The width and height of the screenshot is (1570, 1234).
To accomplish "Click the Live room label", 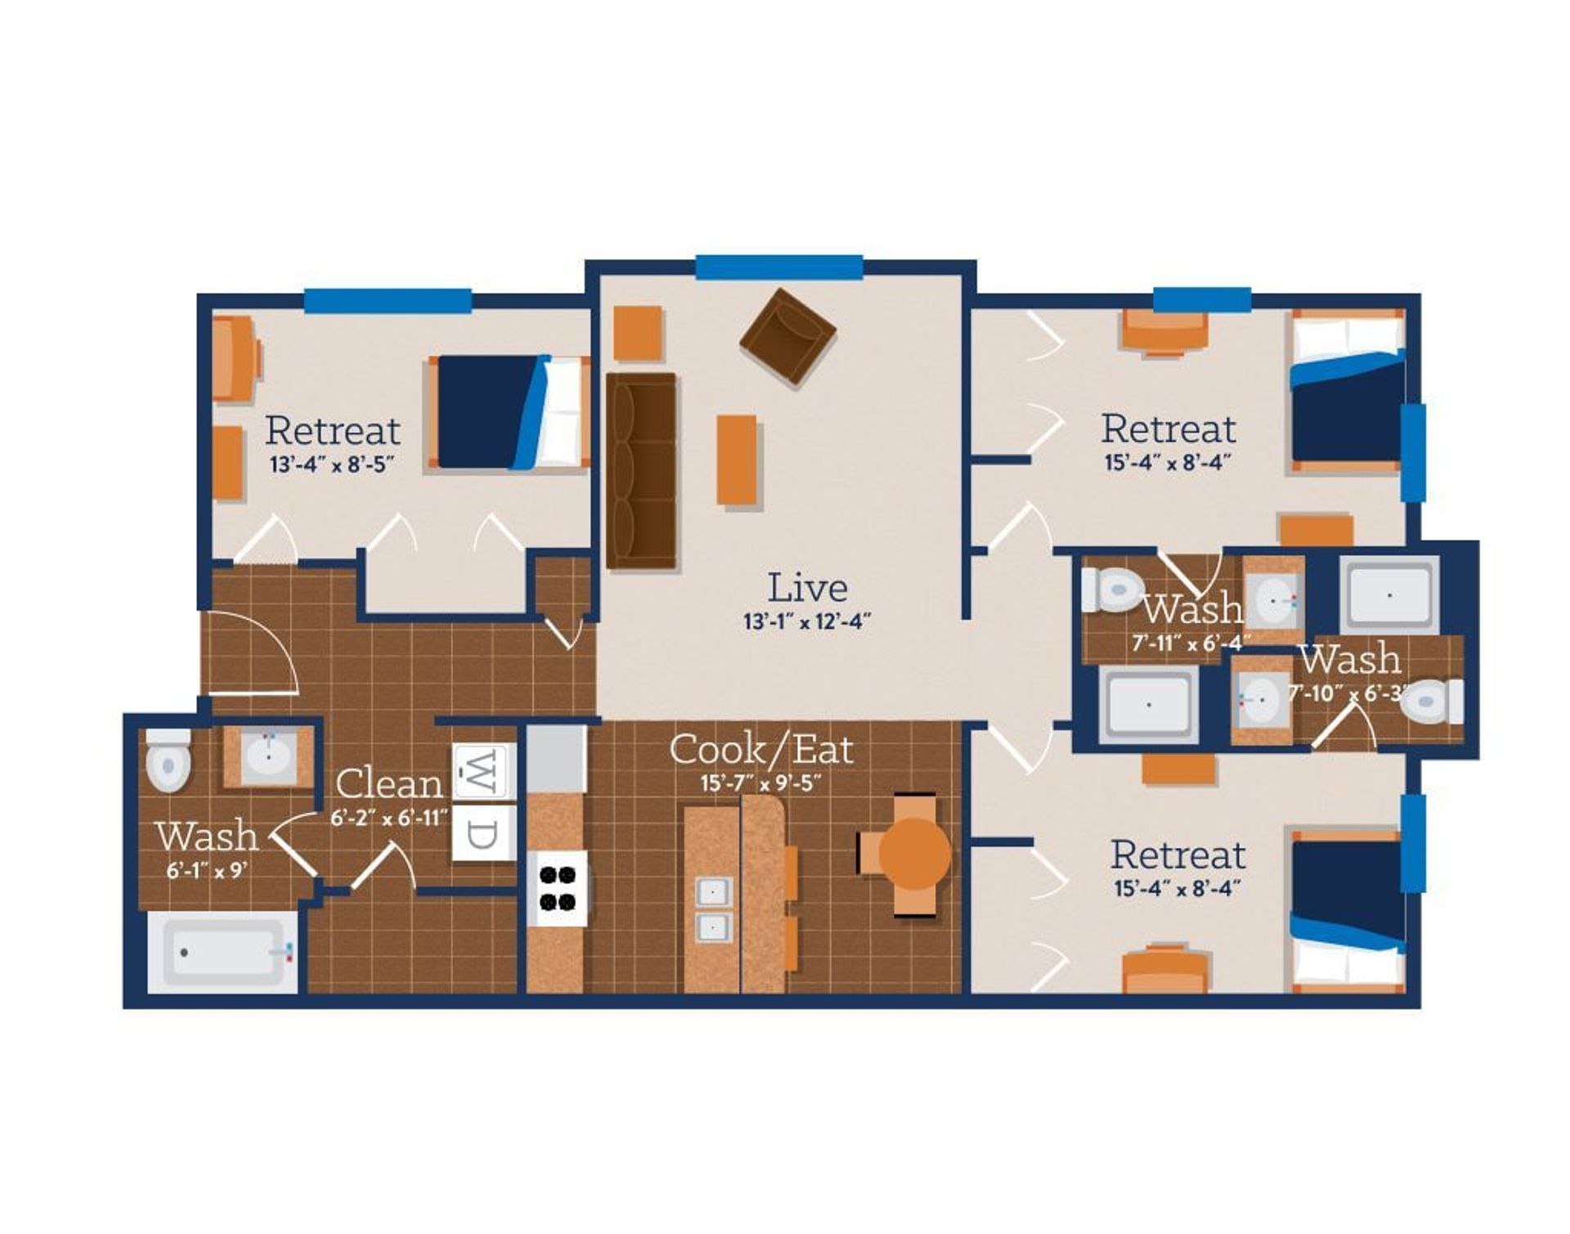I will point(806,588).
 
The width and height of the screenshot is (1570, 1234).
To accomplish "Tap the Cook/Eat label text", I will point(760,749).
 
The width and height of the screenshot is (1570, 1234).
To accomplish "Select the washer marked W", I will point(484,770).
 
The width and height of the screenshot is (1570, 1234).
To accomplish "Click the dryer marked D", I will point(484,833).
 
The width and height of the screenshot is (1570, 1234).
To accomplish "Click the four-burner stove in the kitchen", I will point(557,889).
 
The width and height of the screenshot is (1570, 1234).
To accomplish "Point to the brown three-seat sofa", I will point(642,470).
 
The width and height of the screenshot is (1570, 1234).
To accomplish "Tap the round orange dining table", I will point(914,855).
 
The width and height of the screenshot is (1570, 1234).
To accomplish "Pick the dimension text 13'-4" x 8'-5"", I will point(332,465).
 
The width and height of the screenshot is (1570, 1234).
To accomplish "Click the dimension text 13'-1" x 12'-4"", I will point(806,622).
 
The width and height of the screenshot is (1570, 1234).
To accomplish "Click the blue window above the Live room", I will point(778,267).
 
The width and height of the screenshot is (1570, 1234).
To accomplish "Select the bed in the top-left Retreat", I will point(509,412).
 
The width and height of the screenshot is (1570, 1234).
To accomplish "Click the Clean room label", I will point(388,784).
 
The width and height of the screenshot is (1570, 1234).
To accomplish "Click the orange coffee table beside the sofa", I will point(736,460).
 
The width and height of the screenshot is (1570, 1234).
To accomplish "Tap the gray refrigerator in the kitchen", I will point(556,757).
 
